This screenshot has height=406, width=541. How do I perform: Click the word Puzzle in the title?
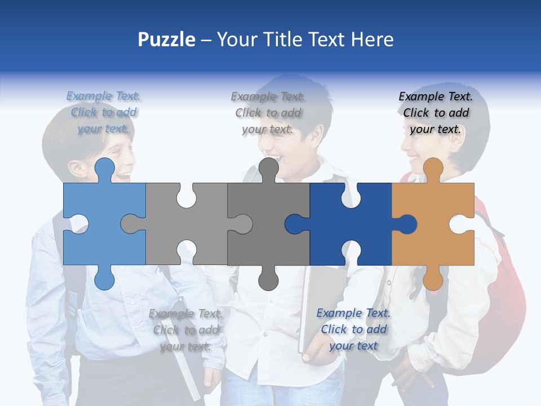[x=167, y=40]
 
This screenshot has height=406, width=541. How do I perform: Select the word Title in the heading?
[x=284, y=40]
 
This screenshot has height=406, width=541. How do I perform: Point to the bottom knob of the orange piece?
[x=433, y=279]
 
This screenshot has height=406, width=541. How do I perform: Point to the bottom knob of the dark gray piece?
[x=268, y=279]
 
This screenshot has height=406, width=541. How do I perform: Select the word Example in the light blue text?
[x=89, y=96]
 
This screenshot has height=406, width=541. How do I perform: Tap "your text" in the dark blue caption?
[x=353, y=346]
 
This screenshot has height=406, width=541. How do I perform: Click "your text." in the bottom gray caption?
[x=185, y=346]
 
